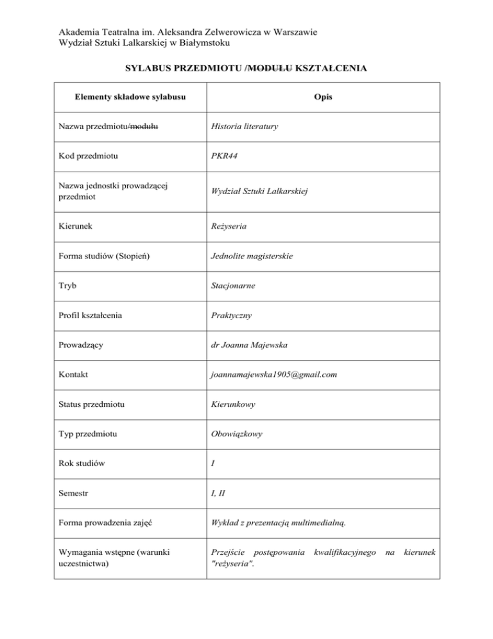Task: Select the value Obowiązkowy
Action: [x=237, y=434]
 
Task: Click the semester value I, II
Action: [x=219, y=493]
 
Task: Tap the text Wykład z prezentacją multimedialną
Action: [x=279, y=523]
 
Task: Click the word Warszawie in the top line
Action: [x=298, y=32]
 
